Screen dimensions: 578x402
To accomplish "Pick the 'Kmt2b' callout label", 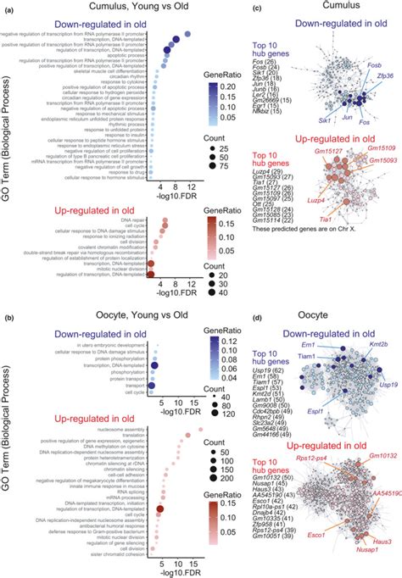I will (x=377, y=322).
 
